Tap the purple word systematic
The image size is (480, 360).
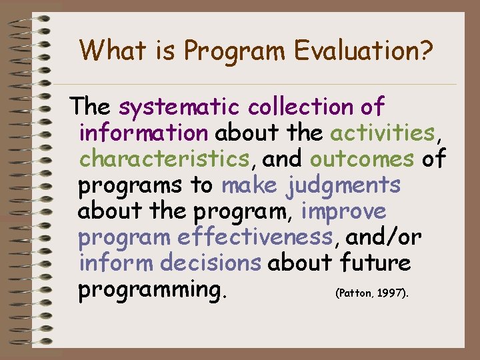click(181, 106)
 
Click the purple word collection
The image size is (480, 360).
click(300, 106)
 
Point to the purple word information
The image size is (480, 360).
click(143, 133)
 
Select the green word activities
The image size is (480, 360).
click(382, 133)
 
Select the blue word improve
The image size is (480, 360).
click(343, 211)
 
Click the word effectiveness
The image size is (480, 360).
click(255, 237)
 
